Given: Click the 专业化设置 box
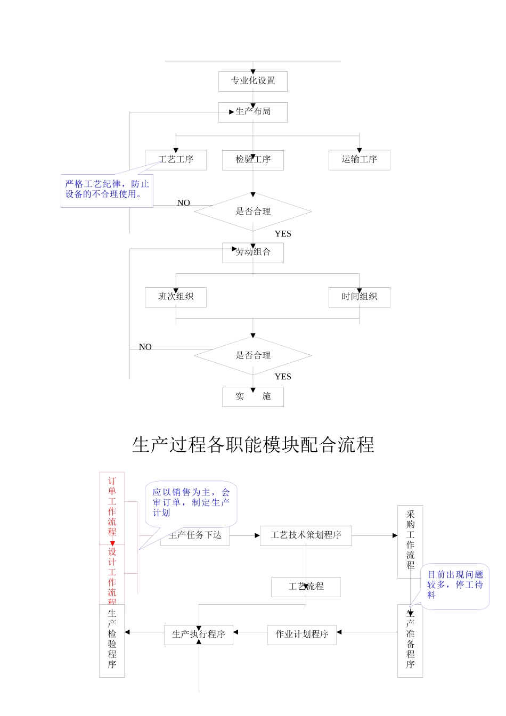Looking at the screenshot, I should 253,81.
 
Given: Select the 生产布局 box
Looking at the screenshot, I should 253,112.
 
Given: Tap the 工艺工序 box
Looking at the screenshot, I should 176,160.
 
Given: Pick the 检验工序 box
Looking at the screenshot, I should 253,160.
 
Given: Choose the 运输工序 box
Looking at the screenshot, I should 360,160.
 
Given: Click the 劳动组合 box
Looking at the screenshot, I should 253,253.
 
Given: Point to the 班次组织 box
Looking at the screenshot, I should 176,297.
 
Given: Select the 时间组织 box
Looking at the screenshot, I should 360,297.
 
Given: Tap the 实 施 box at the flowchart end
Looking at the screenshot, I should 253,396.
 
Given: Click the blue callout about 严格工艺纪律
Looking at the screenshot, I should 107,190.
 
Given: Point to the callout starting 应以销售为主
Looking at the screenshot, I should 191,503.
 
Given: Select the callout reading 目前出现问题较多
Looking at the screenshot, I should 455,585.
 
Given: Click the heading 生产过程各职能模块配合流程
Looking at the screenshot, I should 253,445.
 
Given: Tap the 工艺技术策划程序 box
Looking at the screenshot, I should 306,535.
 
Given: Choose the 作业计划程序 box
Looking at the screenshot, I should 302,634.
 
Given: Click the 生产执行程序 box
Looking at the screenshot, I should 199,634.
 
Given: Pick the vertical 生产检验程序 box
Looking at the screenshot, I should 112,640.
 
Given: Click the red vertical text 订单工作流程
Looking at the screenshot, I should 112,507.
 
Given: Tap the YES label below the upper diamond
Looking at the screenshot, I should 283,234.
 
